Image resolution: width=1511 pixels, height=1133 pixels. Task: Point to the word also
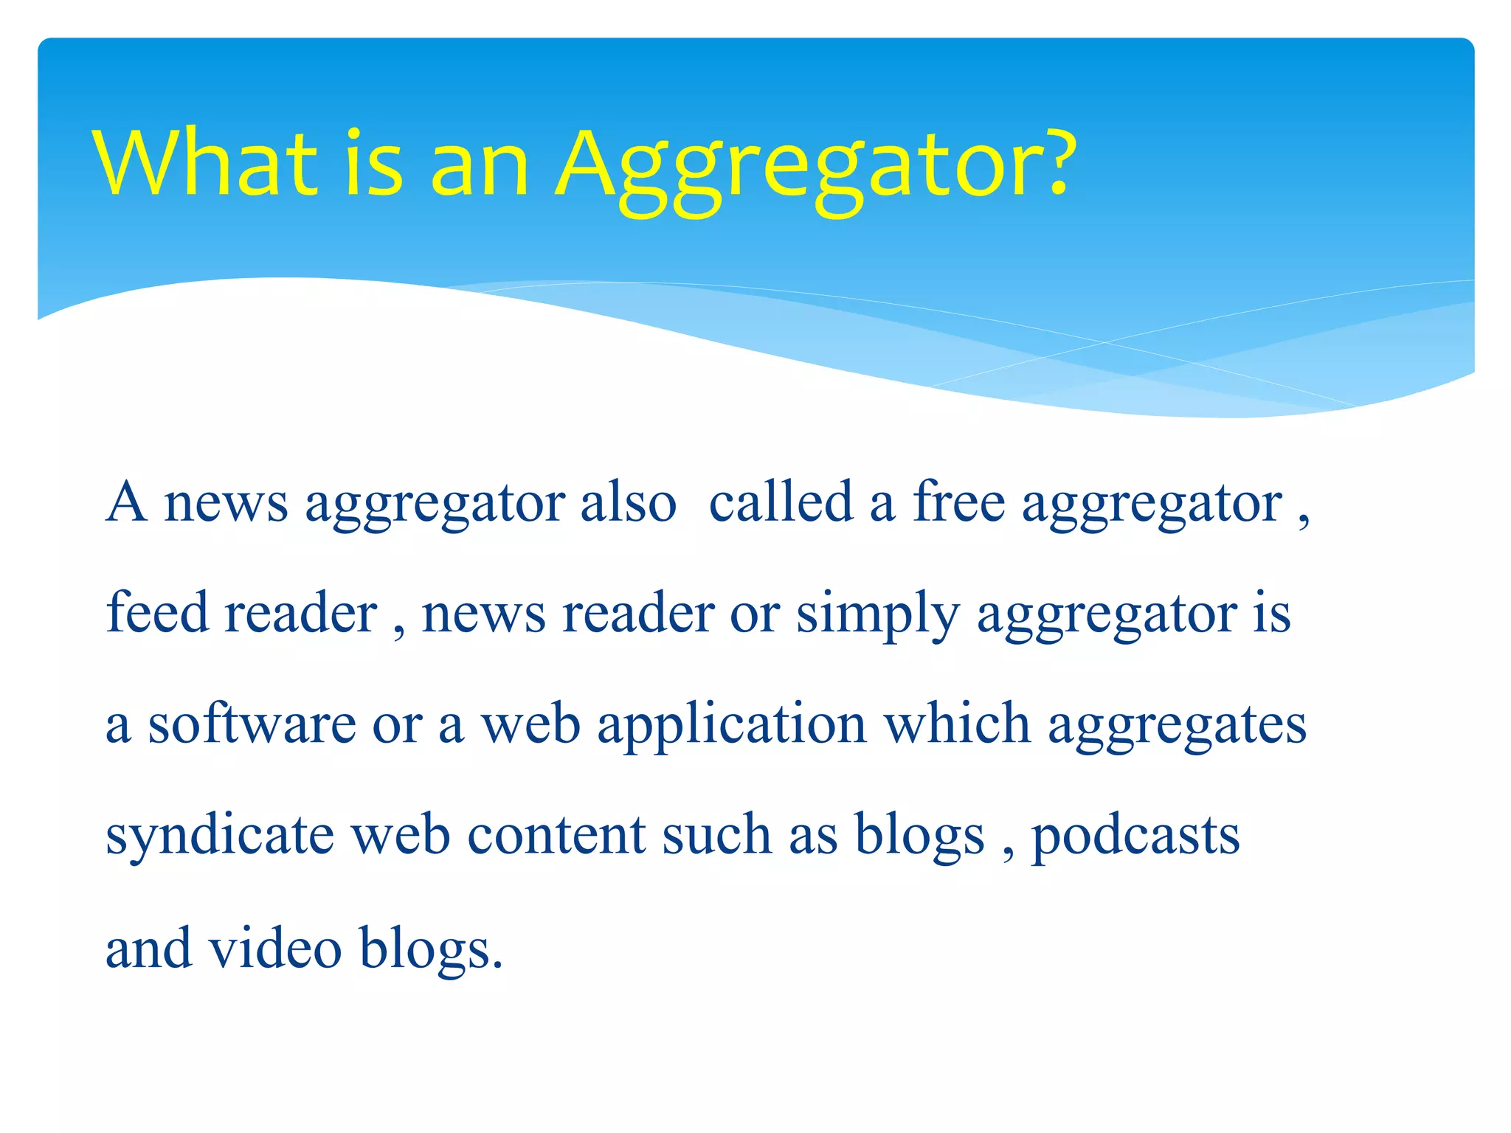[x=628, y=503]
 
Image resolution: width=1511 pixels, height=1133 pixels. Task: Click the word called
[x=781, y=503]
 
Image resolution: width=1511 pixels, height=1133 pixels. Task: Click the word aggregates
[x=1178, y=728]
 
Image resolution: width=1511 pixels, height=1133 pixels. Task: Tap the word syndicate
[x=220, y=837]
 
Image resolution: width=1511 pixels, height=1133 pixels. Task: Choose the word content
[x=557, y=836]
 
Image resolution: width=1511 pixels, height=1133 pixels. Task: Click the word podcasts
[x=1135, y=837]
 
